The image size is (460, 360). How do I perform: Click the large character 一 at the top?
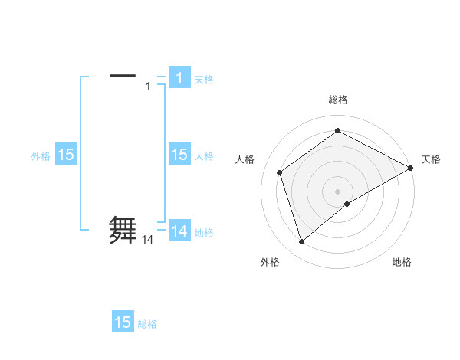tap(123, 75)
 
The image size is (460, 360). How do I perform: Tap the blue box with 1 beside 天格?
tap(179, 77)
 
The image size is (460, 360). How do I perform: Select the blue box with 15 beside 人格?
tap(179, 155)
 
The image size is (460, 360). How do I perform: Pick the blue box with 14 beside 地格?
tap(179, 231)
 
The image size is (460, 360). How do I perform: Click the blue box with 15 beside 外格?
tap(66, 155)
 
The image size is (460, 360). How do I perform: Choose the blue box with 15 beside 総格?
tap(123, 322)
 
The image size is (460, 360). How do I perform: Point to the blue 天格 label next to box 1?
tap(204, 79)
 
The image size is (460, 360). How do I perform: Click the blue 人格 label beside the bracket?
tap(204, 156)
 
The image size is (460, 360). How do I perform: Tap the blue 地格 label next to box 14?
tap(204, 232)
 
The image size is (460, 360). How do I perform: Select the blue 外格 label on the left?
tap(41, 156)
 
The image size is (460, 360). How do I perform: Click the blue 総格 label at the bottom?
tap(147, 324)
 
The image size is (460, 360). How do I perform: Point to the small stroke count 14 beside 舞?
tap(148, 240)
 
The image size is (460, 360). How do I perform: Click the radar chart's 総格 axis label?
tap(338, 100)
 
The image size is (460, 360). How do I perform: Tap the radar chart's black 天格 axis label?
tap(431, 159)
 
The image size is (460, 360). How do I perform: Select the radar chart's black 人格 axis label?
tap(245, 159)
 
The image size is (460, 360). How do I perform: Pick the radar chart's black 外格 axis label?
tap(270, 263)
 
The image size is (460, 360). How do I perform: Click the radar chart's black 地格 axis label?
tap(402, 263)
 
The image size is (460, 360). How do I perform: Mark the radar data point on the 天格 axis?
tap(411, 168)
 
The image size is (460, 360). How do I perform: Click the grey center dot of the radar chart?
tap(338, 191)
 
